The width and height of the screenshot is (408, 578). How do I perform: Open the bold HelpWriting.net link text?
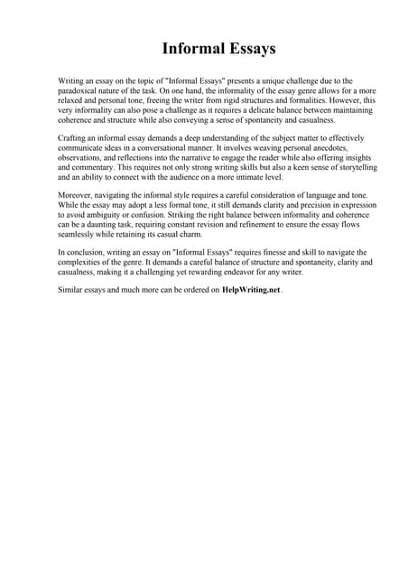click(x=251, y=290)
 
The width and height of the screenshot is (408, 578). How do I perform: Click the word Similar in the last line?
click(x=71, y=290)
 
